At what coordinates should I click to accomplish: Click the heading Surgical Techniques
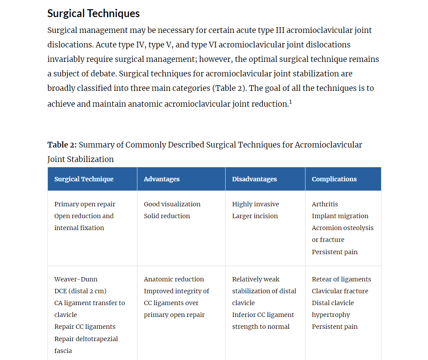pos(94,14)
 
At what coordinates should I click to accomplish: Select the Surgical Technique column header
pos(84,179)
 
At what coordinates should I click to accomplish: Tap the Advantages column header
pos(162,179)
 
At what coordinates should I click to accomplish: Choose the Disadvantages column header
pos(254,179)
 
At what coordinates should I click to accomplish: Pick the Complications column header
pos(334,179)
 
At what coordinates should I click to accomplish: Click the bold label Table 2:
pos(62,145)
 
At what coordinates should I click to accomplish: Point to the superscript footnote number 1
pos(291,102)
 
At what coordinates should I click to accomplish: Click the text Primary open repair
pos(85,204)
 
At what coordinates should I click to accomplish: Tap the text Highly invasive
pos(255,204)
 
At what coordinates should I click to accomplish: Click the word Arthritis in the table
pos(325,204)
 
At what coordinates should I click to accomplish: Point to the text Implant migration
pos(340,216)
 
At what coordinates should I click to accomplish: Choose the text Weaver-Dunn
pos(76,279)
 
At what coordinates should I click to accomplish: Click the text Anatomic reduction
pos(174,279)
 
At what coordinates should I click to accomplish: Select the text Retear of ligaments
pos(342,279)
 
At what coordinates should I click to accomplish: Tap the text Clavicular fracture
pos(340,291)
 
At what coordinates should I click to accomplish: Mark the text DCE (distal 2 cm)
pos(80,291)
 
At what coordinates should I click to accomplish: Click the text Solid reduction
pos(167,216)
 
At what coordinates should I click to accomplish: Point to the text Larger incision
pos(255,216)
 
